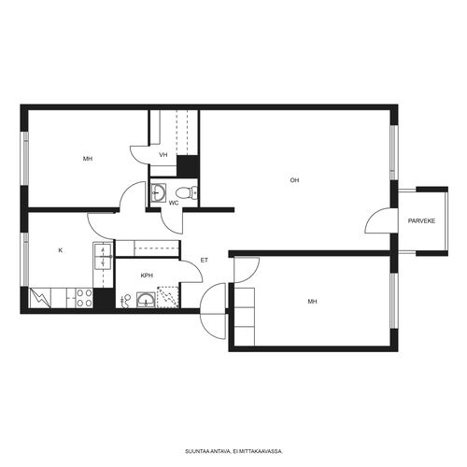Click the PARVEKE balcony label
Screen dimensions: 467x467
(421, 221)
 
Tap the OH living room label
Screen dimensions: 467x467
(294, 180)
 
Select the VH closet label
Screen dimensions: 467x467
(163, 155)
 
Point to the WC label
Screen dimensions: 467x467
(174, 204)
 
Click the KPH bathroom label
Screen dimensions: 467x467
(147, 276)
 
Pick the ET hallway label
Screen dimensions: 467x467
(205, 261)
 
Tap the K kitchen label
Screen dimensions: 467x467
(61, 250)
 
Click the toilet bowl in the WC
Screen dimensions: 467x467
(186, 192)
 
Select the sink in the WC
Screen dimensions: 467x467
(158, 193)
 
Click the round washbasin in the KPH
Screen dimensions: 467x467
(146, 300)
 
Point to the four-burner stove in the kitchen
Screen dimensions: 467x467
(84, 298)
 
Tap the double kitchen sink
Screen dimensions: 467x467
(103, 256)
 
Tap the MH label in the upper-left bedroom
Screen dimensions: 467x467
(88, 159)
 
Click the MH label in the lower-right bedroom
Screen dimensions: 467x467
(312, 302)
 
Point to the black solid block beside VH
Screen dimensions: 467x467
(188, 166)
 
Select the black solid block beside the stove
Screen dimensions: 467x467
(105, 298)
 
